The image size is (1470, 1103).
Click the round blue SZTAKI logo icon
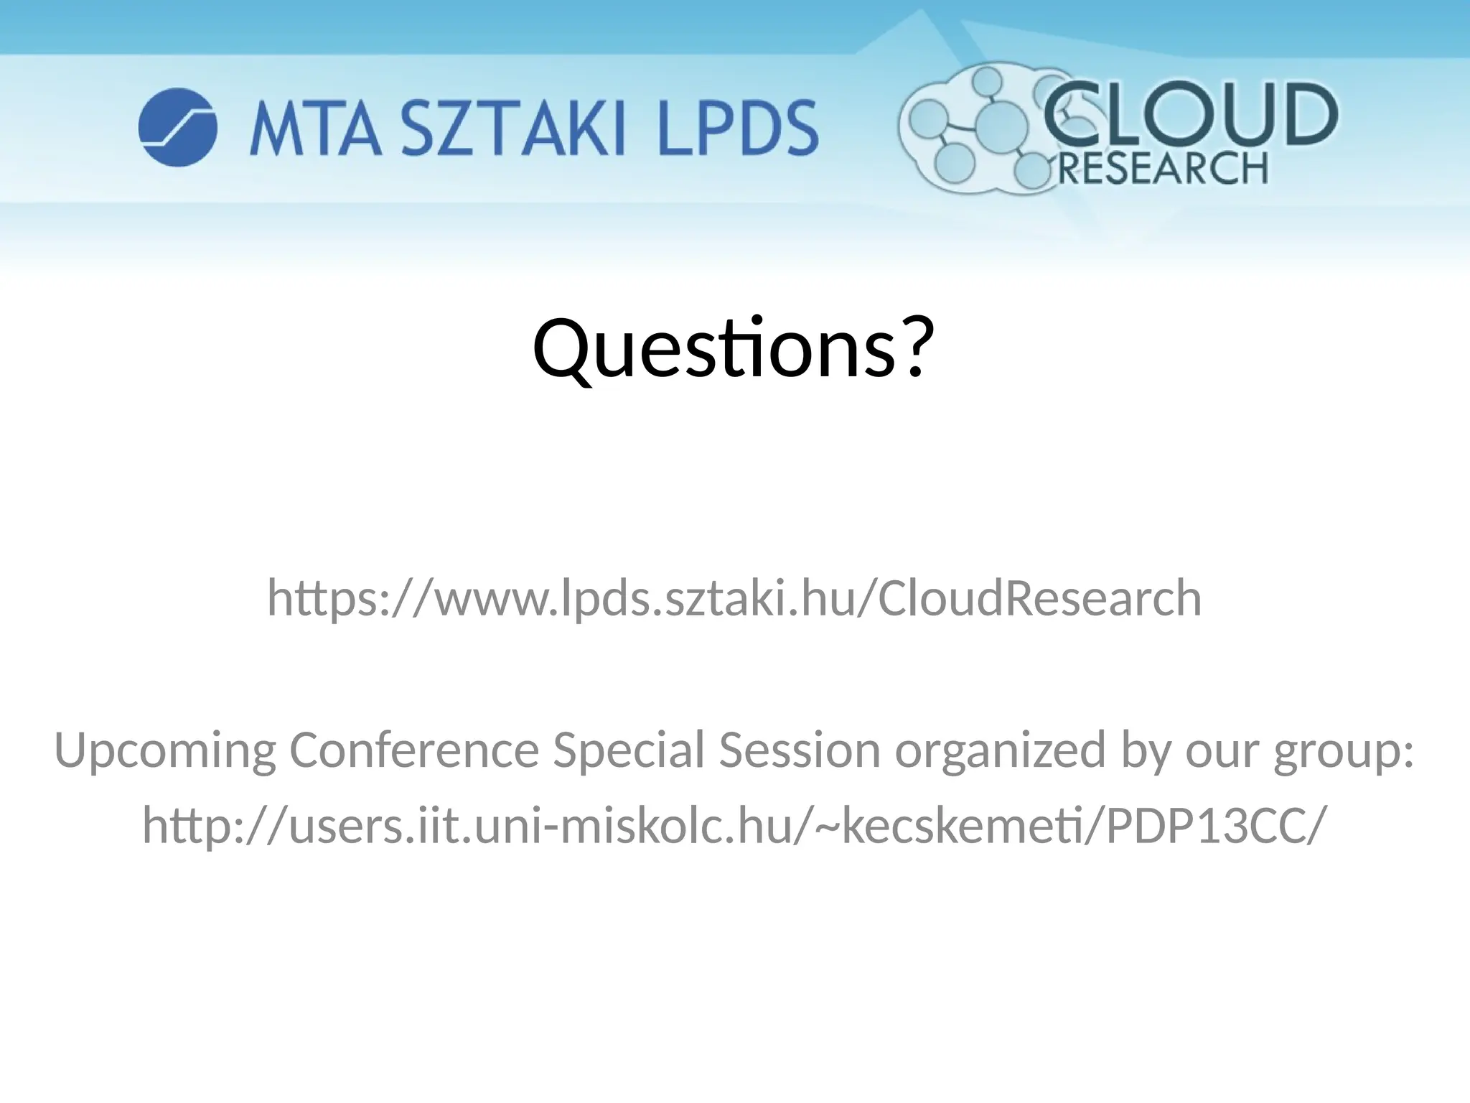click(177, 128)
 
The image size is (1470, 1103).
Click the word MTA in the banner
click(314, 129)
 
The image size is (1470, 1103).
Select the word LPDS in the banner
click(738, 129)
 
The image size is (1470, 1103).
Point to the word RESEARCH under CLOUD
click(1163, 169)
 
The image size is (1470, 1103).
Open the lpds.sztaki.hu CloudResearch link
click(734, 598)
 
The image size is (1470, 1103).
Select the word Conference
click(414, 750)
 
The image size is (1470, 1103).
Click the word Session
click(800, 750)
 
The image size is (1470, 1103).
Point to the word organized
click(1000, 750)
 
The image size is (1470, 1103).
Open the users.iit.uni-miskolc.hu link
click(731, 825)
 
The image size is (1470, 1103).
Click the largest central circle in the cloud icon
click(1002, 128)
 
